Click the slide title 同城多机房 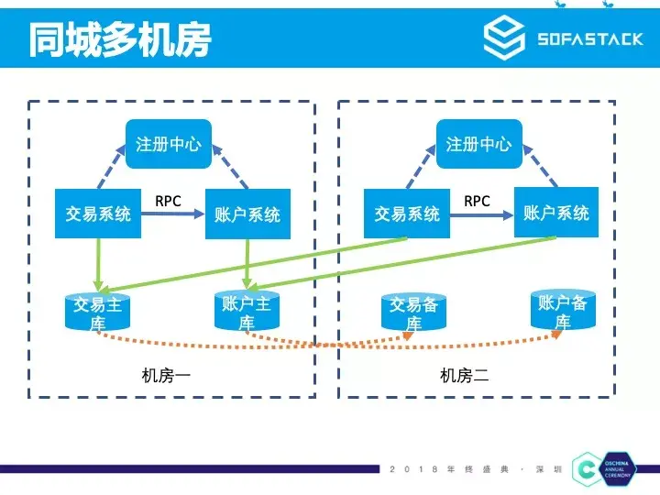pyautogui.click(x=120, y=38)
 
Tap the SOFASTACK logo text pyautogui.click(x=589, y=38)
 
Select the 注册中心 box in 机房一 pyautogui.click(x=168, y=144)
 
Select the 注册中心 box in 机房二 pyautogui.click(x=478, y=144)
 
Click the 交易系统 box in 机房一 pyautogui.click(x=97, y=214)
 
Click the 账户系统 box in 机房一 pyautogui.click(x=247, y=214)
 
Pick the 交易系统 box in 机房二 pyautogui.click(x=407, y=214)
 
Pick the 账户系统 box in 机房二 pyautogui.click(x=555, y=213)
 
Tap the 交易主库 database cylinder pyautogui.click(x=97, y=313)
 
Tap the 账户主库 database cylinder pyautogui.click(x=247, y=312)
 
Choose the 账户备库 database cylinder pyautogui.click(x=562, y=311)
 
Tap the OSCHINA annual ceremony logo pyautogui.click(x=601, y=467)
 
